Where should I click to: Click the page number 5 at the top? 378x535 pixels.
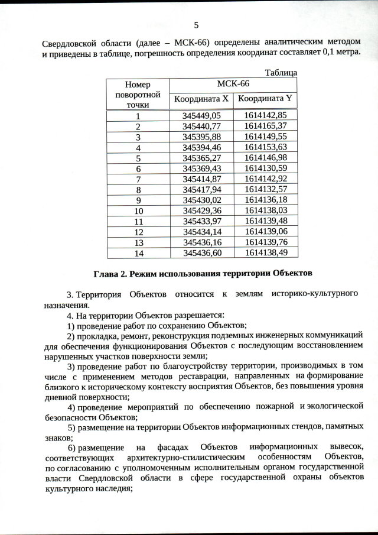[x=196, y=24]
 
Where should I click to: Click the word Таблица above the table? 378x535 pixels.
[x=281, y=73]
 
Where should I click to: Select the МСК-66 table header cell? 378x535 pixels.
[x=233, y=85]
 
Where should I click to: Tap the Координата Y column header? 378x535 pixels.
[x=265, y=99]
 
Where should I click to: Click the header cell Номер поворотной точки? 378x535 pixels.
[x=138, y=94]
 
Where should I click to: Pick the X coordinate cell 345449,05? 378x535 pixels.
[x=201, y=116]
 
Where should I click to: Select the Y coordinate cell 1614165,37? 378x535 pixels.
[x=265, y=126]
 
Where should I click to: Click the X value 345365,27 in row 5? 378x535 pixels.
[x=201, y=158]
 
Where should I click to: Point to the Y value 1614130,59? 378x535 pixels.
[x=265, y=168]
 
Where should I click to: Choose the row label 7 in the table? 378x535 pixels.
[x=138, y=179]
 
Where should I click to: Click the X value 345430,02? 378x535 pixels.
[x=201, y=200]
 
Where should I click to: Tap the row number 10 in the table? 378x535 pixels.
[x=138, y=210]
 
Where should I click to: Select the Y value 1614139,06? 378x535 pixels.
[x=265, y=231]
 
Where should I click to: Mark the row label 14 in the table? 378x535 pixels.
[x=138, y=252]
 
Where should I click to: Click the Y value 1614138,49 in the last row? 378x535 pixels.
[x=265, y=252]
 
